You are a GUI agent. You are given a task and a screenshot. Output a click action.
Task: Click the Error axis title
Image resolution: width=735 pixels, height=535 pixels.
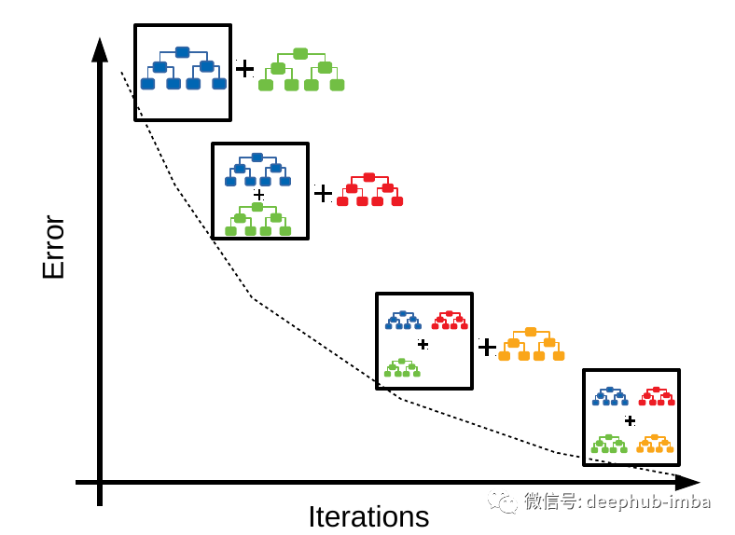pos(53,247)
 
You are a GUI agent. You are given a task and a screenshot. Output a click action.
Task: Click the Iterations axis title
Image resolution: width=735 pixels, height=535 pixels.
pos(368,516)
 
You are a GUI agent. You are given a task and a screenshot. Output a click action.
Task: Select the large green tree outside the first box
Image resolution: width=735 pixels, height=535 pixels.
pos(300,70)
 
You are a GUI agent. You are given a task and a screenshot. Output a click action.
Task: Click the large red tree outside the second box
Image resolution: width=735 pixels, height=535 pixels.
pos(369,189)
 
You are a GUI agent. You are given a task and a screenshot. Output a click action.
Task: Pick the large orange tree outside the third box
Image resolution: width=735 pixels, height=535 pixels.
pos(531,344)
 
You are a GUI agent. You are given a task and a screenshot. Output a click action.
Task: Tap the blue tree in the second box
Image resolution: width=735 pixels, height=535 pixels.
pos(257,170)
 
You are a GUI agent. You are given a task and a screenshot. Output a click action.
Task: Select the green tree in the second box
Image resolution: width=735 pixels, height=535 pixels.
pos(257,220)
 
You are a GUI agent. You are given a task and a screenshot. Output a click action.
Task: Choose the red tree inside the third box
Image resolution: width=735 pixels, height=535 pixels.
pos(450,320)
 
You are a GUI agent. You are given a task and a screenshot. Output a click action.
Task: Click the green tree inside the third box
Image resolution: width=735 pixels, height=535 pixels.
pos(402,367)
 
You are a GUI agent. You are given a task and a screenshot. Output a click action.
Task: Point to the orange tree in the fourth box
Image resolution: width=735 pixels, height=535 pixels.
pos(655,443)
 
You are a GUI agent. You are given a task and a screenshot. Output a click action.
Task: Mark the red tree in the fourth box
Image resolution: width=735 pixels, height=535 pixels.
pos(656,395)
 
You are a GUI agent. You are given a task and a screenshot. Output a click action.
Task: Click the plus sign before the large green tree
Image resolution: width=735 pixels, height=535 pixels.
pos(244,69)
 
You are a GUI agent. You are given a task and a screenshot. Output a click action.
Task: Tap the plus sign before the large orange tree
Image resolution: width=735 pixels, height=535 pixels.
pos(487,347)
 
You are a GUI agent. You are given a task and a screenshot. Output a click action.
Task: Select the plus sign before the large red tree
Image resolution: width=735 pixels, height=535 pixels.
pos(323,193)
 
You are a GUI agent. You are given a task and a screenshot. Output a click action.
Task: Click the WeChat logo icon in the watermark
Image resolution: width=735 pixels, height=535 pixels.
pos(502,501)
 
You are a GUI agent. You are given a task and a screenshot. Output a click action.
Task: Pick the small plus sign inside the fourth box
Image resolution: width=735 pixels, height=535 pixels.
pos(630,420)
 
